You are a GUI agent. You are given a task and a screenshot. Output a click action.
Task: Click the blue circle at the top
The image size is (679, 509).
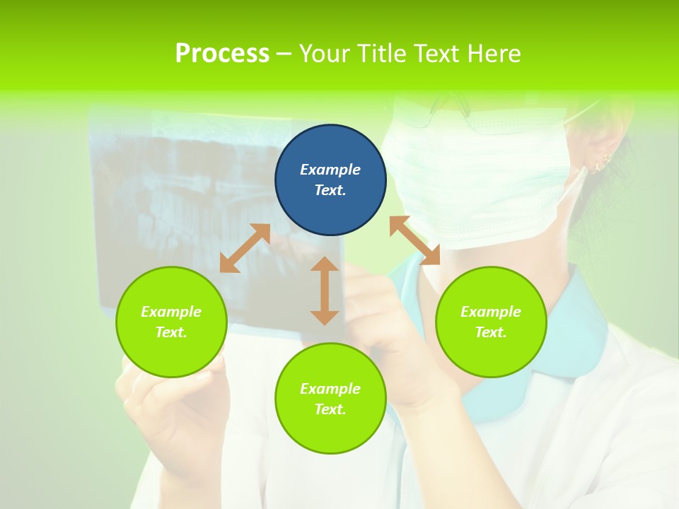[330, 180]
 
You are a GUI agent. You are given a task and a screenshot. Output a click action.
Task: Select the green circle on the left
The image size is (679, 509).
[171, 322]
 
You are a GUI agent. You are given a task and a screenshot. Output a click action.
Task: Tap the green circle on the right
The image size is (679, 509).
[491, 322]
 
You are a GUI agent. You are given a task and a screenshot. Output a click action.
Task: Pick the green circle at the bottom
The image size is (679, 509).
[330, 399]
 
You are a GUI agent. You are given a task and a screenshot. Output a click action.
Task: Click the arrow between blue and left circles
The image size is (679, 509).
[245, 248]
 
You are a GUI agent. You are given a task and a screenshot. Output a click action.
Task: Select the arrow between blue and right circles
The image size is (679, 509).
[414, 240]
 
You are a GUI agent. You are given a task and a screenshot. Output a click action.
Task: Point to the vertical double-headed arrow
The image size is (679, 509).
[325, 291]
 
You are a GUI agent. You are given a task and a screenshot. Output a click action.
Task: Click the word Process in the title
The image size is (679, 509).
[222, 54]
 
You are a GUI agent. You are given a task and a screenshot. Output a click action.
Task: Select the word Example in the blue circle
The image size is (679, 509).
[330, 170]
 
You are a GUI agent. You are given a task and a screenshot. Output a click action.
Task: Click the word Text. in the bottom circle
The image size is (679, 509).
[330, 409]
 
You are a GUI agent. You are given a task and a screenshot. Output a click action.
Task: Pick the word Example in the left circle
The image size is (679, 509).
[171, 312]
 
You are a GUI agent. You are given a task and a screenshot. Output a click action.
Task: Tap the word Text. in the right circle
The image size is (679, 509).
[491, 332]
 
